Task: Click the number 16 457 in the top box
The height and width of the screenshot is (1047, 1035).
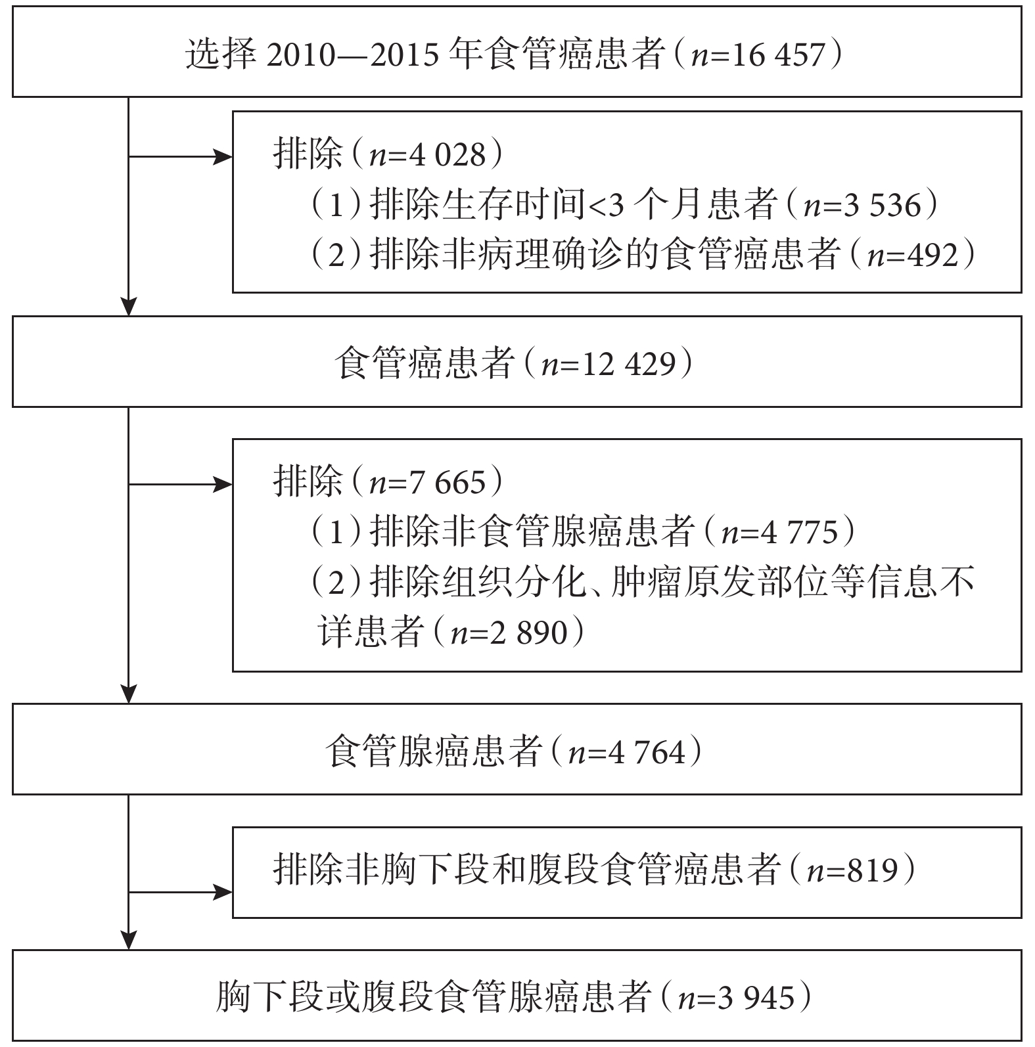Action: tap(776, 55)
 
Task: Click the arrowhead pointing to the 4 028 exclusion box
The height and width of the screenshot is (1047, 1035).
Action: tap(225, 157)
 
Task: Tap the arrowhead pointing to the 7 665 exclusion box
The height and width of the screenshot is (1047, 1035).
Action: tap(225, 485)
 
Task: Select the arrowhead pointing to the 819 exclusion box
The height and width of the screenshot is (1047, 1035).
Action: tap(225, 893)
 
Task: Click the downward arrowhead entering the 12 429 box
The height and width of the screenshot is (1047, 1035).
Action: tap(129, 307)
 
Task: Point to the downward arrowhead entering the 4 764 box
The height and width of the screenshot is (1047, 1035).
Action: tap(129, 695)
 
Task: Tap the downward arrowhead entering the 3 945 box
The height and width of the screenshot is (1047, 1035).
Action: tap(129, 941)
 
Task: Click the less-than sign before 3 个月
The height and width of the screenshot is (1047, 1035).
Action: tap(596, 206)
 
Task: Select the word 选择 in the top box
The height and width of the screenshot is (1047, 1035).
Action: tap(220, 55)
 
